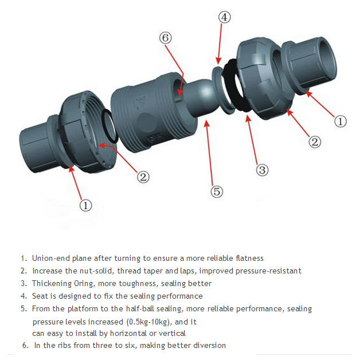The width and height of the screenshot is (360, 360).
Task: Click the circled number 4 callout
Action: (225, 17)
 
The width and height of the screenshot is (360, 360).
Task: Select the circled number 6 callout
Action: (166, 38)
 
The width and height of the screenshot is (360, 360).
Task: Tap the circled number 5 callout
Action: (217, 191)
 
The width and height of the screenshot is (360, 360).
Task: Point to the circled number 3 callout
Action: (262, 170)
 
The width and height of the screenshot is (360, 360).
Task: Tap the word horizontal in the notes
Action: (121, 333)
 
